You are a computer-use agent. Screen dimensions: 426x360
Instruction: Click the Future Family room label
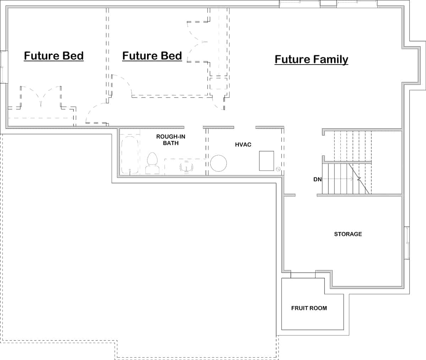pyautogui.click(x=311, y=60)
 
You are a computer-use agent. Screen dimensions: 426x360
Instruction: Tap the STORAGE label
pyautogui.click(x=348, y=234)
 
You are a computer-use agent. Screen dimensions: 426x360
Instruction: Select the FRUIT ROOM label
pyautogui.click(x=309, y=308)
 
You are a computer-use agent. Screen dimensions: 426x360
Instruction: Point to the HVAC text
pyautogui.click(x=243, y=145)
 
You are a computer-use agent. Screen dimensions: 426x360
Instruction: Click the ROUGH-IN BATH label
pyautogui.click(x=171, y=140)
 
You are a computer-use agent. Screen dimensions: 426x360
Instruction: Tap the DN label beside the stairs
pyautogui.click(x=317, y=179)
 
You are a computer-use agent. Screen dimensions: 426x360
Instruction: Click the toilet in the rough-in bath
pyautogui.click(x=152, y=163)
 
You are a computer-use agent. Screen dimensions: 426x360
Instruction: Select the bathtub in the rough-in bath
pyautogui.click(x=130, y=155)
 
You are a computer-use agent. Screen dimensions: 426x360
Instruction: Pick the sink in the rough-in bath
pyautogui.click(x=186, y=167)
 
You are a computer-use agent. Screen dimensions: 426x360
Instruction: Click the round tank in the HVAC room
pyautogui.click(x=218, y=163)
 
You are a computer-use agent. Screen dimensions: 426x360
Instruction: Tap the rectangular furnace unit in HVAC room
pyautogui.click(x=267, y=161)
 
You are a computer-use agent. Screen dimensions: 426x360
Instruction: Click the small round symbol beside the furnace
pyautogui.click(x=278, y=169)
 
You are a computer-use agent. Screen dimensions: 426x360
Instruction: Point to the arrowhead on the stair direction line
pyautogui.click(x=351, y=179)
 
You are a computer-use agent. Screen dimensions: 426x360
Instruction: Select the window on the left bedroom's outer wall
pyautogui.click(x=4, y=67)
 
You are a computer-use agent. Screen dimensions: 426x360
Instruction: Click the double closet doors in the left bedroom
pyautogui.click(x=41, y=95)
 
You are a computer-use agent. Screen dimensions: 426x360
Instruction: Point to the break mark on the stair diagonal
pyautogui.click(x=359, y=178)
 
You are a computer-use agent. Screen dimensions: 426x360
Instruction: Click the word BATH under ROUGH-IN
pyautogui.click(x=171, y=143)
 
